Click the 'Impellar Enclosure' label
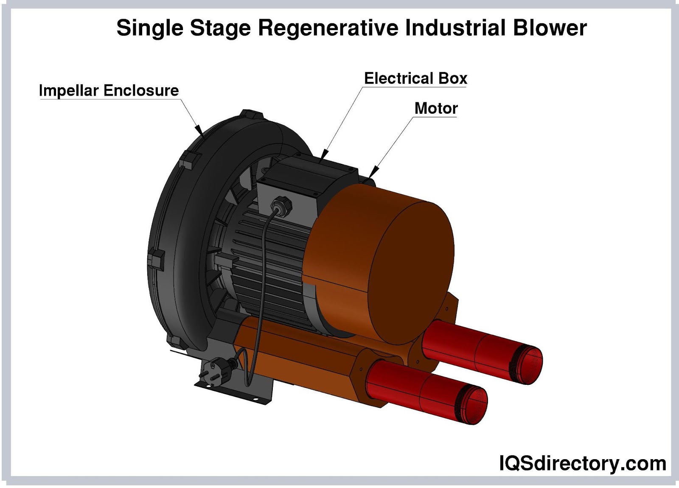(x=109, y=90)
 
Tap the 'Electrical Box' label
(x=415, y=79)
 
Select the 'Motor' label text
(x=436, y=108)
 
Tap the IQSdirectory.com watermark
(x=582, y=463)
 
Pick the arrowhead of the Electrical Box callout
(x=324, y=154)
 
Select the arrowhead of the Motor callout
(x=373, y=171)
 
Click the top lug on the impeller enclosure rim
(x=250, y=115)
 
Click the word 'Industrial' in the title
(x=455, y=28)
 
